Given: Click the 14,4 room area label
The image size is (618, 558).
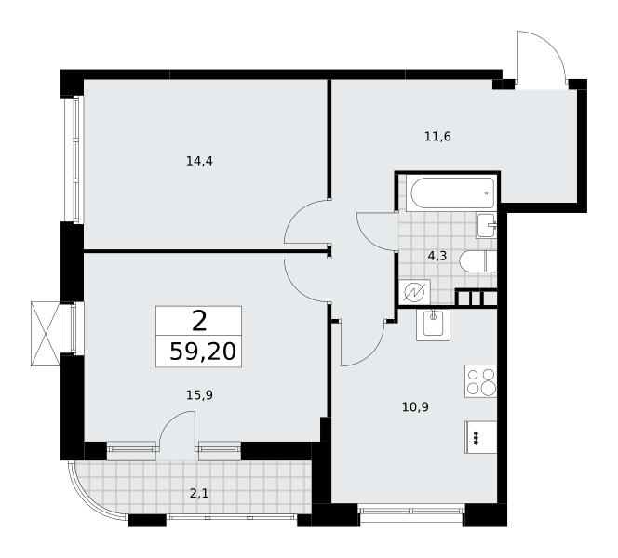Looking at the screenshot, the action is tap(199, 161).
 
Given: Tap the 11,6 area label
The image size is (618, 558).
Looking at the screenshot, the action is tap(437, 137).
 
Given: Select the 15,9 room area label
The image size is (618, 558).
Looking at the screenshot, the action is tap(199, 394).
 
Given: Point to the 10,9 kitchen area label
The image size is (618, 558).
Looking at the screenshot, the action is tap(415, 406).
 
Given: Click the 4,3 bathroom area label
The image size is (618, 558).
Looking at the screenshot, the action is tap(437, 257).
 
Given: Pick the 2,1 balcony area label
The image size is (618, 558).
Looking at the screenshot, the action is tap(199, 493).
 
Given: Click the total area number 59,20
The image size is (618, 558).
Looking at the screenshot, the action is tap(203, 352).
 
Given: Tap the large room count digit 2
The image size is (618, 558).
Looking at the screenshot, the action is tap(199, 321).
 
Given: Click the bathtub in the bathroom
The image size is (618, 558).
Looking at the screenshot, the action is tap(452, 193).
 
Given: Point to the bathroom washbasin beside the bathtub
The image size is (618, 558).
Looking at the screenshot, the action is tap(487, 225).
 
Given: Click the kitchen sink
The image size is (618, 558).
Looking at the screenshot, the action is tap(433, 325).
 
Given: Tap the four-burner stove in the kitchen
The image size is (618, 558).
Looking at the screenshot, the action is tap(481, 381).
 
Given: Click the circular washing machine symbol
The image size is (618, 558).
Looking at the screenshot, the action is tap(414, 292).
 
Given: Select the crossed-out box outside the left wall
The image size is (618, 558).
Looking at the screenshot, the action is tap(46, 334).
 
